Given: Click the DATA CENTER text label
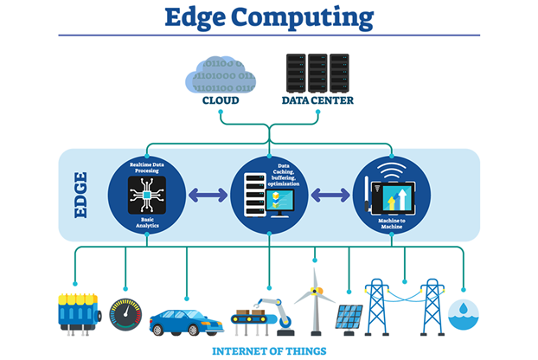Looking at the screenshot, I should click(x=317, y=100).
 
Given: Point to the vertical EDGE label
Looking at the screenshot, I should click(x=80, y=196).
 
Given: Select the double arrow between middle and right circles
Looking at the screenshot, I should click(x=331, y=196).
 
